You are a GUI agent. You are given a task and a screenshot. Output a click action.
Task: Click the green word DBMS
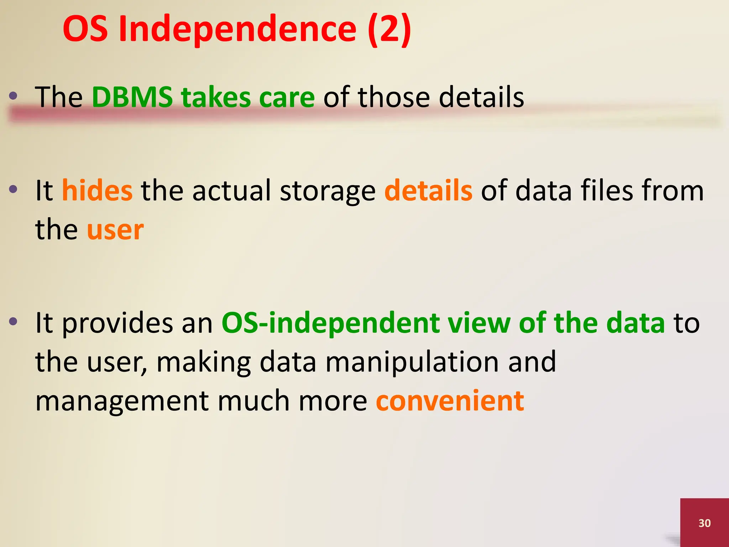coord(132,97)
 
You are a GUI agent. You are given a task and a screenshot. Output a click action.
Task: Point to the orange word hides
coord(97,191)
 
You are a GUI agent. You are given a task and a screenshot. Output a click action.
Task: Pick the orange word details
coord(428,191)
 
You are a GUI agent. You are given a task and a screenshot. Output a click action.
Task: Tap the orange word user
coord(115,230)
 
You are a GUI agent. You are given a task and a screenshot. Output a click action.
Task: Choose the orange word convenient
coord(450,401)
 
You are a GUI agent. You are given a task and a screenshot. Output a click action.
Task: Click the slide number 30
coord(704,523)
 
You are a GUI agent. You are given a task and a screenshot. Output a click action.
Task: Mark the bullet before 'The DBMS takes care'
coord(14,95)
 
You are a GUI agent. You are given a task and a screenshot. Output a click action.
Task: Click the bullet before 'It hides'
coord(14,189)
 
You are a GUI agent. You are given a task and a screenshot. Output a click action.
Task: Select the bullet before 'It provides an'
coord(14,322)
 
